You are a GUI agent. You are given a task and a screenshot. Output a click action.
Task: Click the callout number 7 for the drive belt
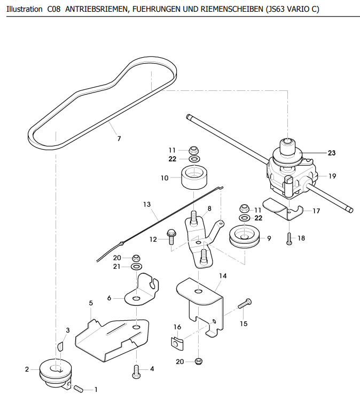[x=119, y=138]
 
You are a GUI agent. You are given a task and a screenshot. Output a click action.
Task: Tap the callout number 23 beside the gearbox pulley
[x=332, y=153]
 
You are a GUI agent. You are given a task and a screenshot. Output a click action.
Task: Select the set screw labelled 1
[x=79, y=389]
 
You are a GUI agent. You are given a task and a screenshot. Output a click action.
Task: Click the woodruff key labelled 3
[x=60, y=346]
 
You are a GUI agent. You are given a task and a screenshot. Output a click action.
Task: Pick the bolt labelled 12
[x=170, y=237]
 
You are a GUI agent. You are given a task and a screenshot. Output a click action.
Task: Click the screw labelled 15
[x=245, y=303]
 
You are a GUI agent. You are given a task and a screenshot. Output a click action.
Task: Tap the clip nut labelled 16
[x=177, y=344]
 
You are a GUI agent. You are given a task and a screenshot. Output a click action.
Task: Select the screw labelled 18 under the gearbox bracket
[x=289, y=238]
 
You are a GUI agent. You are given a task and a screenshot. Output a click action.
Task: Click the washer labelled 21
[x=136, y=267]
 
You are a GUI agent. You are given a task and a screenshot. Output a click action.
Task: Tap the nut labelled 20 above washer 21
[x=136, y=258]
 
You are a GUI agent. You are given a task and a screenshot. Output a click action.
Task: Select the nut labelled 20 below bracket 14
[x=199, y=361]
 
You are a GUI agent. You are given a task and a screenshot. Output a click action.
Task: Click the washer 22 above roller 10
[x=194, y=159]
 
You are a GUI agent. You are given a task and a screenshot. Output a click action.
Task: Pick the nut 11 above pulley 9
[x=245, y=208]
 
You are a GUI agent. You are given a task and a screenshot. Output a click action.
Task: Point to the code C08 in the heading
[x=54, y=9]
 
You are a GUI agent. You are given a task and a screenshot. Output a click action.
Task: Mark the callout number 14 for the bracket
[x=223, y=276]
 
